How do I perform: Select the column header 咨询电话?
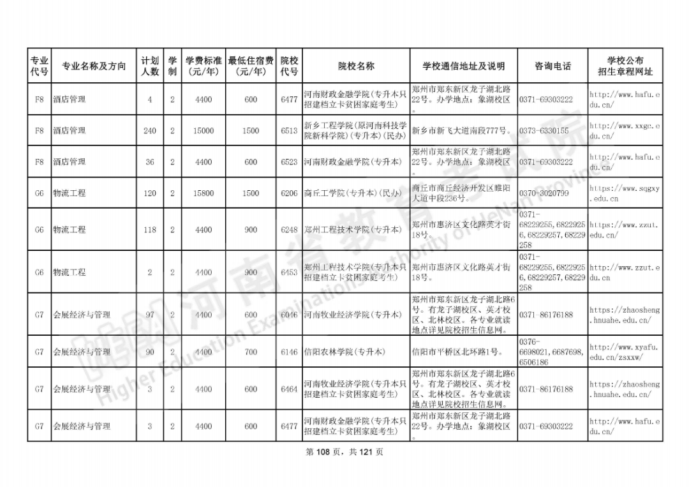(x=552, y=66)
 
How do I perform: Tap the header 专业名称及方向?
(x=94, y=66)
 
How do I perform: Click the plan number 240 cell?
(x=150, y=131)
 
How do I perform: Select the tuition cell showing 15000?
(x=204, y=131)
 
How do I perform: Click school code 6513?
(x=289, y=131)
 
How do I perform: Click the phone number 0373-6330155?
(x=544, y=131)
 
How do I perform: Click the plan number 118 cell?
(x=150, y=230)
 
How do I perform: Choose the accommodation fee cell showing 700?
(x=251, y=352)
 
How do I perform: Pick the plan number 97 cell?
(x=150, y=315)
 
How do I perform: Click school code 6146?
(x=289, y=352)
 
